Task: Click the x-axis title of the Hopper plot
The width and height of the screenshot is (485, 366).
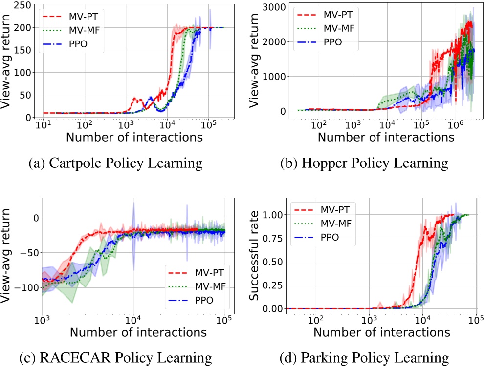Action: (x=386, y=137)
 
